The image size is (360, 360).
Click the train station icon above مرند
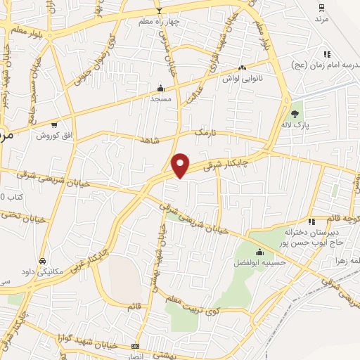pyautogui.click(x=321, y=8)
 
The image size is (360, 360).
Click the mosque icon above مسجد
pyautogui.click(x=161, y=89)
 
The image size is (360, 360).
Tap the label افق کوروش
pyautogui.click(x=53, y=135)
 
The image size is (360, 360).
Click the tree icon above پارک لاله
pyautogui.click(x=295, y=113)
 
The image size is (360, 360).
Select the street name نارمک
pyautogui.click(x=202, y=131)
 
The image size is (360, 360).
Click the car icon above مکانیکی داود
pyautogui.click(x=43, y=259)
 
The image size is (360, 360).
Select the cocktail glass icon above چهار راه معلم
pyautogui.click(x=159, y=11)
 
